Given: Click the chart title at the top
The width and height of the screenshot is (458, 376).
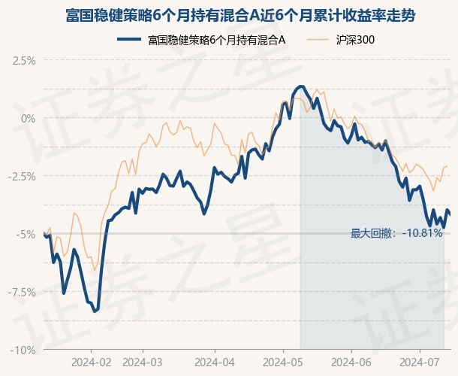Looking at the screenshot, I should click(x=229, y=15).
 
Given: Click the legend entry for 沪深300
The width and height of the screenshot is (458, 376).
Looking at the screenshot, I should click(x=356, y=39).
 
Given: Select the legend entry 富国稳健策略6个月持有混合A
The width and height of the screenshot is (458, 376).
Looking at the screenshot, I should click(x=216, y=39).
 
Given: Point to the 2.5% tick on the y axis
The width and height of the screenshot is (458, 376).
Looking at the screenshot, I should click(x=24, y=60).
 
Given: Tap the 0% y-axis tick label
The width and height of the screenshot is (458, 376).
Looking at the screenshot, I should click(x=29, y=118).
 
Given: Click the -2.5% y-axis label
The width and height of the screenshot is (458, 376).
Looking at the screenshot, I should click(x=23, y=176).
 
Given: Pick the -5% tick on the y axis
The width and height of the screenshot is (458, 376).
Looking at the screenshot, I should click(x=26, y=234).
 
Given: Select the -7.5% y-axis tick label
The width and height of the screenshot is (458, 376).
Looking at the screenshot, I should click(x=23, y=292).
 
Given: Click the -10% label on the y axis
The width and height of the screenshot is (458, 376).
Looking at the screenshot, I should click(x=24, y=350).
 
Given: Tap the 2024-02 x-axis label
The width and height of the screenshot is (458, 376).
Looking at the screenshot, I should click(x=92, y=362).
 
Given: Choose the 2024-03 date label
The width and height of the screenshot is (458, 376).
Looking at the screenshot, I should click(x=143, y=362).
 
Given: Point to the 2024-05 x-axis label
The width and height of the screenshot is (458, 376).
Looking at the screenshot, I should click(x=283, y=362).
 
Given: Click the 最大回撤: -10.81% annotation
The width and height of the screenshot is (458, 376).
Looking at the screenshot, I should click(x=396, y=234).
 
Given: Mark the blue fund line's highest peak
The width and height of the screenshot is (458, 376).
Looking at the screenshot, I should click(x=301, y=86).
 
